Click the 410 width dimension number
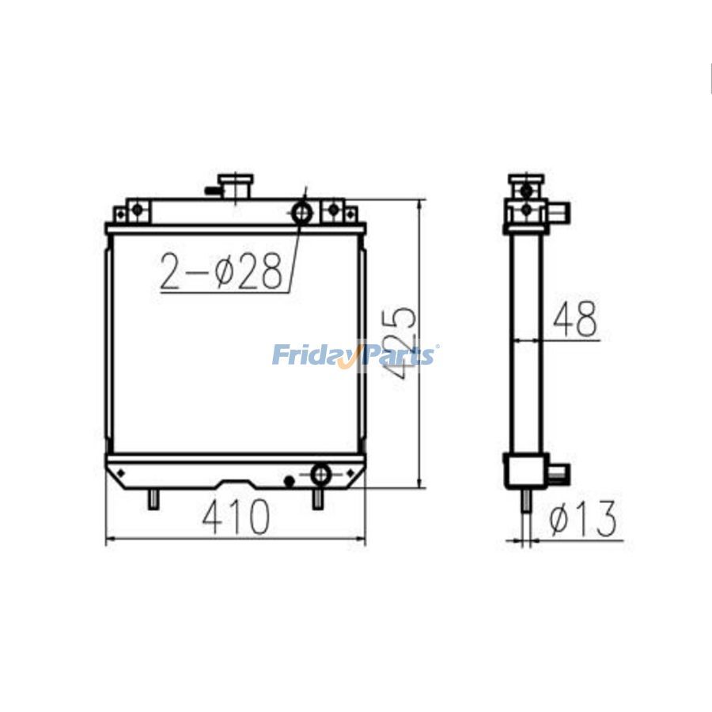(x=236, y=518)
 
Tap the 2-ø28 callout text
(x=221, y=271)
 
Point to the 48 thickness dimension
(x=575, y=320)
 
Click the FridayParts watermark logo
(x=354, y=354)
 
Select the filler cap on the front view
(x=236, y=187)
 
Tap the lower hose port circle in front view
(x=320, y=475)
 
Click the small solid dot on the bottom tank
(x=290, y=480)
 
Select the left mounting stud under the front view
(x=153, y=499)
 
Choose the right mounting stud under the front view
(x=317, y=499)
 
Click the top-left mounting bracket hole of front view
(x=137, y=210)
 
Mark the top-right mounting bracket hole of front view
(x=333, y=210)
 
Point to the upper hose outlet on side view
(x=561, y=213)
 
